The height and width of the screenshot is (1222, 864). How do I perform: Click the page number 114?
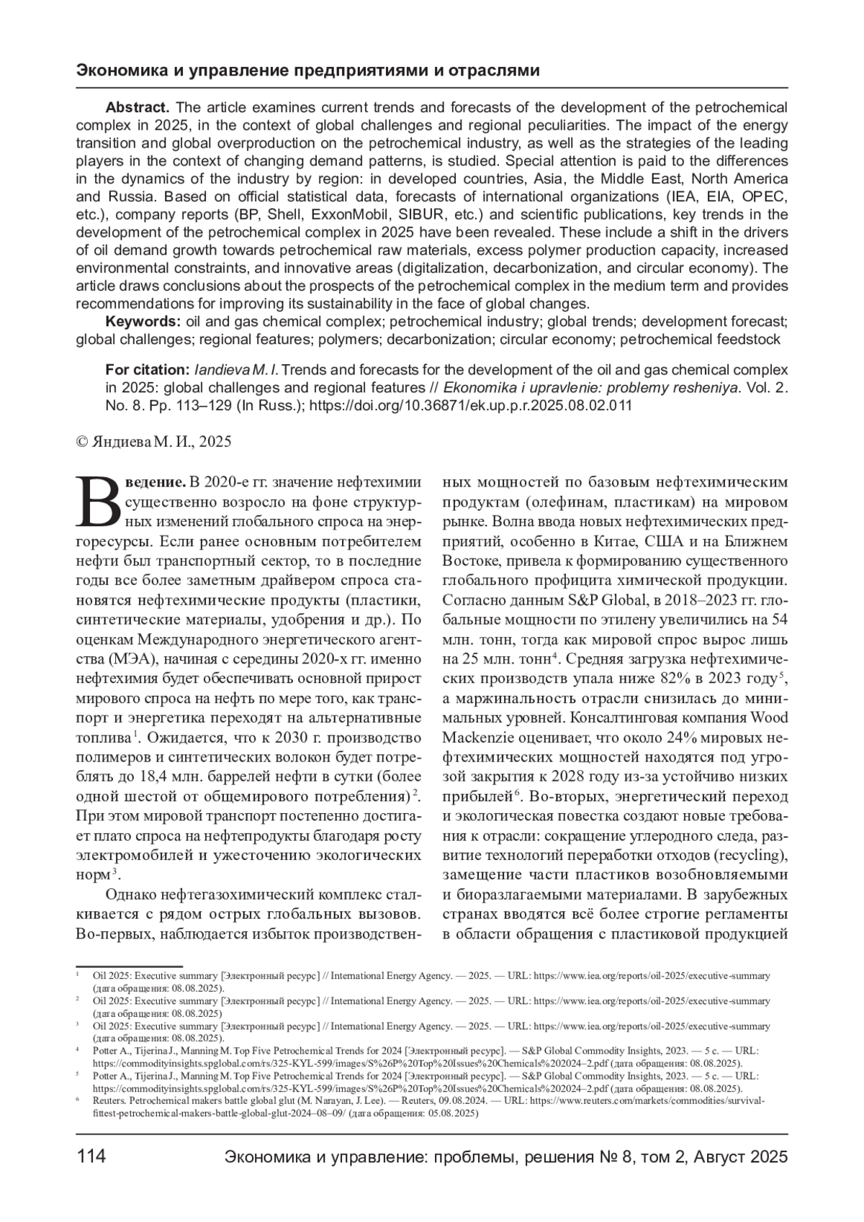click(91, 1156)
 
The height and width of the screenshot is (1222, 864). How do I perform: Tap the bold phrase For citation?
click(147, 370)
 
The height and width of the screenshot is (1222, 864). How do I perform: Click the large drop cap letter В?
click(99, 501)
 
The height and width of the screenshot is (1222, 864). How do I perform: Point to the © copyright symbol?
click(82, 442)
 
